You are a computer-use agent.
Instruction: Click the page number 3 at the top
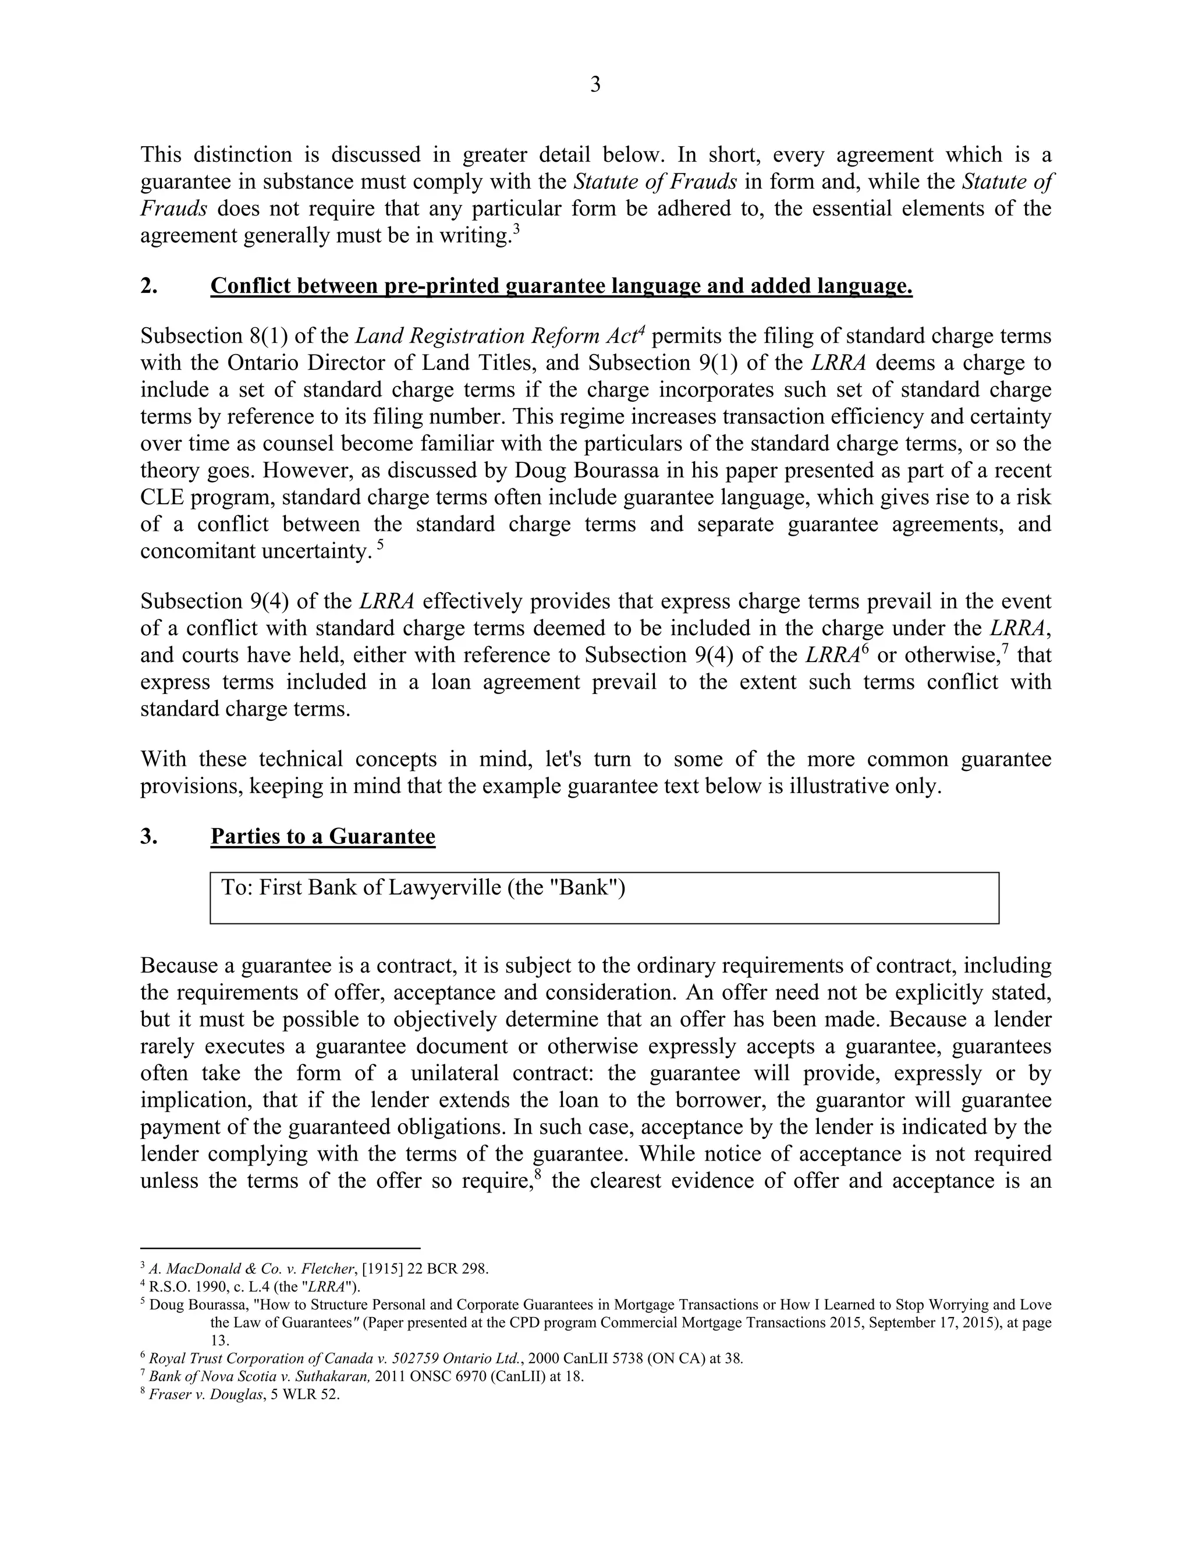(595, 85)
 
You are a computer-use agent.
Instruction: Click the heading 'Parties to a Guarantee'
(322, 837)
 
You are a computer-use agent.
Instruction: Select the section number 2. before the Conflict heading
(149, 286)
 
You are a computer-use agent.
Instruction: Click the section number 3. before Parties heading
(149, 837)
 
